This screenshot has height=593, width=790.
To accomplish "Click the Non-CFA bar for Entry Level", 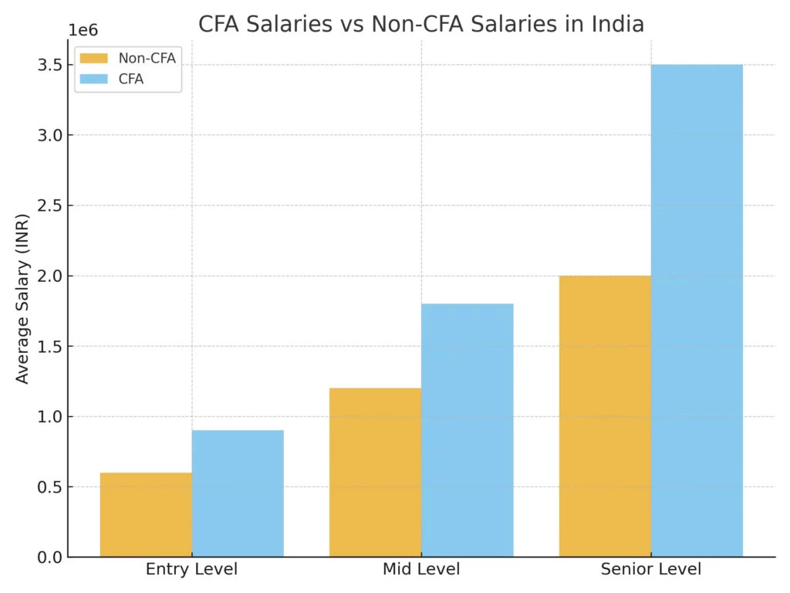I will pos(146,514).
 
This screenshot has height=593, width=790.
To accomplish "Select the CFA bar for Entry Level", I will pos(238,493).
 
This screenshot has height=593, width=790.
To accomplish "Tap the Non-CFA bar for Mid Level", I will pos(375,472).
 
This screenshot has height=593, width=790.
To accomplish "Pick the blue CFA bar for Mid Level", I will pos(467,430).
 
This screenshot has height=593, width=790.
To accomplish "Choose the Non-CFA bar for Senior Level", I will pos(605,416).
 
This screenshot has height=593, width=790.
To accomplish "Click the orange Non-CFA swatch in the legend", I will pos(94,59).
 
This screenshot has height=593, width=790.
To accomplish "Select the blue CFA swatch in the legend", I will pos(94,79).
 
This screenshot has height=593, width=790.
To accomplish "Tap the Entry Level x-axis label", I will pos(191,570).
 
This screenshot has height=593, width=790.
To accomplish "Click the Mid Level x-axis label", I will pos(421,570).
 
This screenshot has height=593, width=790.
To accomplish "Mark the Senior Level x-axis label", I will pos(651,570).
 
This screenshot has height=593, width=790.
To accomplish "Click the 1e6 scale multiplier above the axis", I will pos(83,30).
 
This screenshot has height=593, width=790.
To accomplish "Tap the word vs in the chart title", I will pos(354,24).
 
